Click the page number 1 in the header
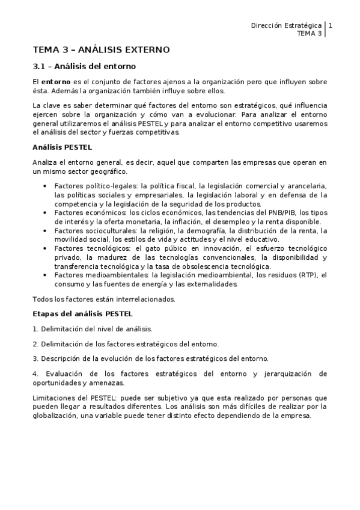click(331, 26)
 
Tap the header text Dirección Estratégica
click(285, 26)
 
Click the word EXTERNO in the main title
click(145, 49)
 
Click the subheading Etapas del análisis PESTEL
click(82, 313)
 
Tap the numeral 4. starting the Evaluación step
click(35, 373)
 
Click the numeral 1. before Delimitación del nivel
click(35, 329)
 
